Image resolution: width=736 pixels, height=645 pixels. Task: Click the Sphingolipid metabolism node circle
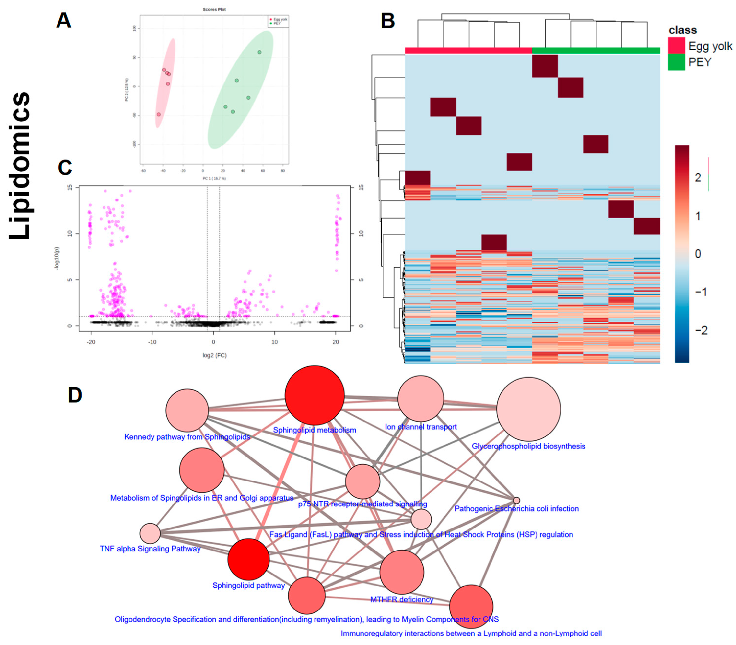click(x=314, y=395)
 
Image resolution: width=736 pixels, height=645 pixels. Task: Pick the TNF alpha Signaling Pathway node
click(x=150, y=533)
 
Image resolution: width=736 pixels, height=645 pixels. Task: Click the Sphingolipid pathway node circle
click(x=248, y=559)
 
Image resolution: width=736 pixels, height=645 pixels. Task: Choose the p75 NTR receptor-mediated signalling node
click(x=362, y=481)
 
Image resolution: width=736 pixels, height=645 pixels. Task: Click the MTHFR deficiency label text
click(x=402, y=599)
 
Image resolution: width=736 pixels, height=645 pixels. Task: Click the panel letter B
click(x=388, y=21)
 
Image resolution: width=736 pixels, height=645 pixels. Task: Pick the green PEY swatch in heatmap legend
click(x=676, y=62)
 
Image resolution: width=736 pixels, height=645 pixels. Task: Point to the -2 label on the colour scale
click(x=701, y=330)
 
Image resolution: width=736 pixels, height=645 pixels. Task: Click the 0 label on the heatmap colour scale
click(x=698, y=254)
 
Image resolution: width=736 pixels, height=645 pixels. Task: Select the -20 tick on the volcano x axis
click(x=91, y=342)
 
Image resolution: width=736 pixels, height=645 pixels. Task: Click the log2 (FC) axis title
click(x=214, y=355)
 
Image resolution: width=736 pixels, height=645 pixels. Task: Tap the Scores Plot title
click(x=214, y=9)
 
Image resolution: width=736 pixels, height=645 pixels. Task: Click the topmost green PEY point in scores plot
click(x=259, y=52)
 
